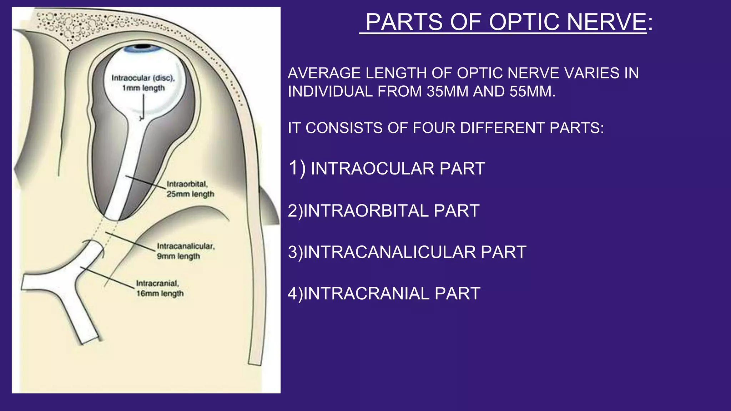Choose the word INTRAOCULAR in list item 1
373,169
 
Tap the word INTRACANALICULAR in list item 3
389,252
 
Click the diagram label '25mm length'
190,194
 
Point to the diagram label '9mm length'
178,257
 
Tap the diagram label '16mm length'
160,294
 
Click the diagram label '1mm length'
143,88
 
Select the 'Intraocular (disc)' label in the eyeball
143,78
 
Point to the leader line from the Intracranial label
107,277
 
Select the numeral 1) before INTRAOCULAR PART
297,168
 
